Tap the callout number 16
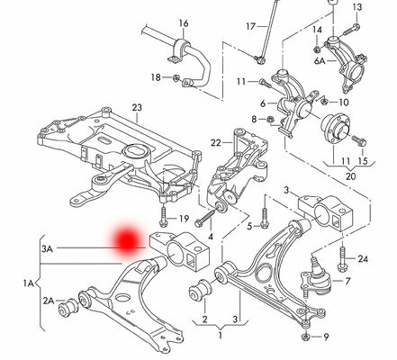(183, 22)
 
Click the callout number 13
(356, 7)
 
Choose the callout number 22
(216, 143)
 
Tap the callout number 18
(156, 78)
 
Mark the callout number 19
(184, 219)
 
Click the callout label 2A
(47, 300)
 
